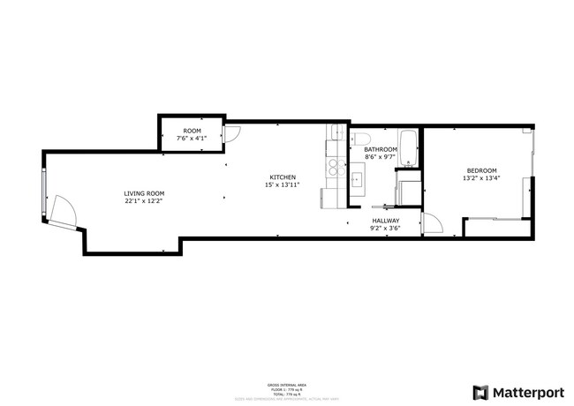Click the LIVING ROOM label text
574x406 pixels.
pyautogui.click(x=144, y=193)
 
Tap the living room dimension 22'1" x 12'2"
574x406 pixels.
pyautogui.click(x=144, y=201)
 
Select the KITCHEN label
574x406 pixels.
pyautogui.click(x=283, y=177)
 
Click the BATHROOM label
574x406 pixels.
pyautogui.click(x=381, y=150)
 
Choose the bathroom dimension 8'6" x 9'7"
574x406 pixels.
pyautogui.click(x=381, y=158)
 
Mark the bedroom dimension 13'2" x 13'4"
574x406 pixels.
pyautogui.click(x=481, y=178)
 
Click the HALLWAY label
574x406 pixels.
pyautogui.click(x=386, y=221)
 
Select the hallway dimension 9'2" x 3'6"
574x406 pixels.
pyautogui.click(x=386, y=229)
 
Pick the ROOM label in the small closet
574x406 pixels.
pyautogui.click(x=192, y=131)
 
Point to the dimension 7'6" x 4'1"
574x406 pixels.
pyautogui.click(x=192, y=139)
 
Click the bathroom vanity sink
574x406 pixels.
pyautogui.click(x=358, y=181)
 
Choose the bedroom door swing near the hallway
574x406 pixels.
pyautogui.click(x=432, y=224)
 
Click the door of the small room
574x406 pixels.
pyautogui.click(x=231, y=134)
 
